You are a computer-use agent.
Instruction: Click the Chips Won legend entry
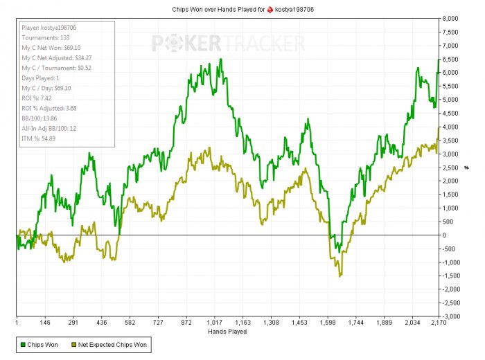(x=40, y=344)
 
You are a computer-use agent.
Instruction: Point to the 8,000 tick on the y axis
(x=451, y=18)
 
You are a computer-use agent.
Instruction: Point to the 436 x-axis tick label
(x=100, y=323)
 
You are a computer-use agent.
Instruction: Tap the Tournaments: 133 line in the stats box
(x=46, y=37)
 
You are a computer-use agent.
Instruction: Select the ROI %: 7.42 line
(x=39, y=99)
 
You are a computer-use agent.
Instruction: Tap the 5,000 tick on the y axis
(x=451, y=99)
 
